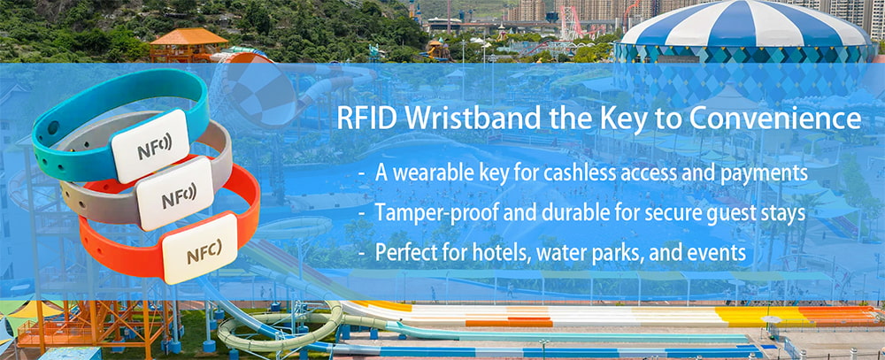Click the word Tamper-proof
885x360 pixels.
pyautogui.click(x=426, y=213)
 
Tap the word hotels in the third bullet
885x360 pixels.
pyautogui.click(x=497, y=253)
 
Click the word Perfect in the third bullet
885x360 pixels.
pyautogui.click(x=405, y=253)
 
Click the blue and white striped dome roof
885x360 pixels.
pyautogui.click(x=744, y=32)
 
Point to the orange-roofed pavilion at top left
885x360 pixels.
pyautogui.click(x=188, y=40)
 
